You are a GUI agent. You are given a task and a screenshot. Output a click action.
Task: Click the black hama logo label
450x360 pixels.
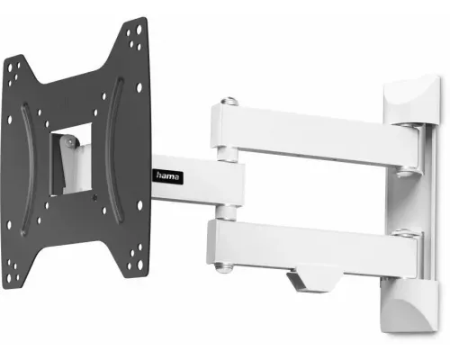[168, 175]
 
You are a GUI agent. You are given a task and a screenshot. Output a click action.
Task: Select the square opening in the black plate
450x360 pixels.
[71, 159]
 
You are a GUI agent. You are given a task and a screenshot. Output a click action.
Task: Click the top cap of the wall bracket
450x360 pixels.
[411, 101]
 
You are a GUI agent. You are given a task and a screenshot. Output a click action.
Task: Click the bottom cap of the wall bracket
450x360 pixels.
[409, 306]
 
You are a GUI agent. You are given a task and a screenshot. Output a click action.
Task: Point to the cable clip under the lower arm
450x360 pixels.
[313, 278]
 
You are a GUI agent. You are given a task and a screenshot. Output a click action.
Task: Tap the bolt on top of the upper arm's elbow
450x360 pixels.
[229, 101]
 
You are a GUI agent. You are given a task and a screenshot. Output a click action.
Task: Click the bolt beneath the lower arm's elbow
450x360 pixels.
[222, 267]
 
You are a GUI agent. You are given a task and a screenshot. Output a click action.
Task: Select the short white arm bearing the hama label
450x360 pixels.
[197, 181]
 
